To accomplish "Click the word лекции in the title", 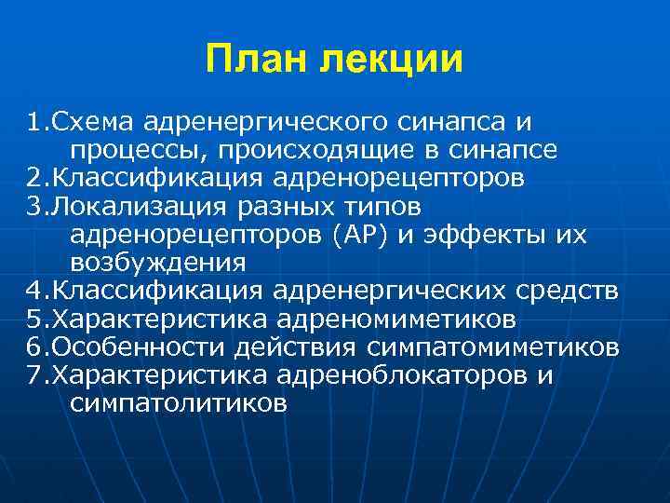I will (391, 61).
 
